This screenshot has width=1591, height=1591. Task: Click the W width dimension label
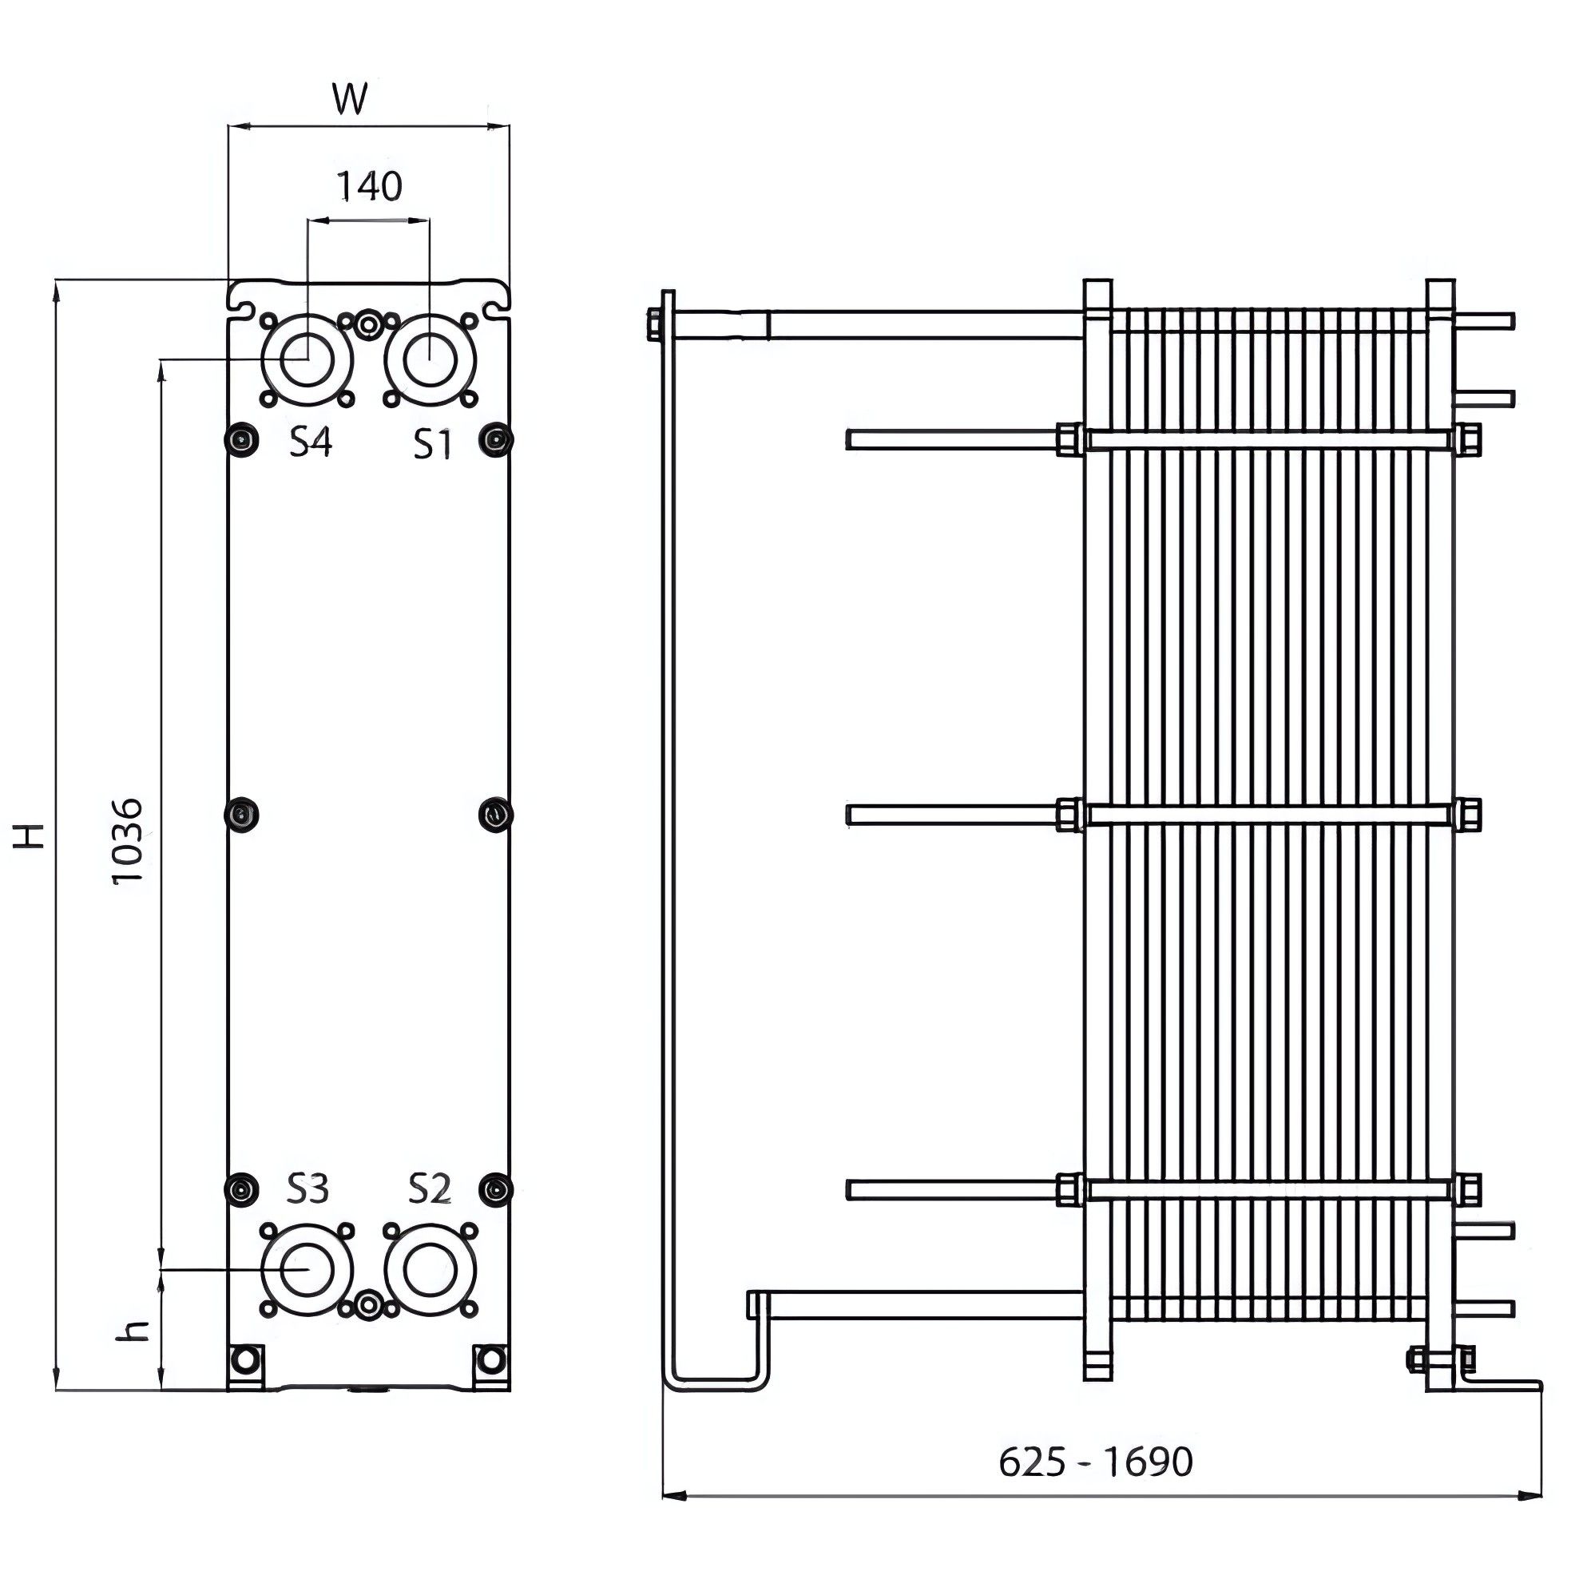pyautogui.click(x=350, y=98)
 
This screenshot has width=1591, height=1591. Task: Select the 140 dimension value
pyautogui.click(x=369, y=186)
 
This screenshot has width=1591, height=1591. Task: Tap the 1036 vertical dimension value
pyautogui.click(x=129, y=840)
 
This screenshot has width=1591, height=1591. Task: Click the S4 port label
pyautogui.click(x=310, y=443)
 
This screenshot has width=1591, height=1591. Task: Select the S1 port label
pyautogui.click(x=432, y=445)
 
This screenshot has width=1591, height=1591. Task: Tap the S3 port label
pyautogui.click(x=308, y=1189)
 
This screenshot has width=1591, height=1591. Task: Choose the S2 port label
pyautogui.click(x=430, y=1189)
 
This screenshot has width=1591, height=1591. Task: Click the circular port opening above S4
pyautogui.click(x=307, y=360)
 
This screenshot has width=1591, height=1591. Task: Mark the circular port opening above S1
pyautogui.click(x=429, y=360)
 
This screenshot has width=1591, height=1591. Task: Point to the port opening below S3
pyautogui.click(x=307, y=1270)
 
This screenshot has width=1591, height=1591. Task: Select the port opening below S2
pyautogui.click(x=429, y=1270)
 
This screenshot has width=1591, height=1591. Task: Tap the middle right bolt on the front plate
pyautogui.click(x=495, y=815)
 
